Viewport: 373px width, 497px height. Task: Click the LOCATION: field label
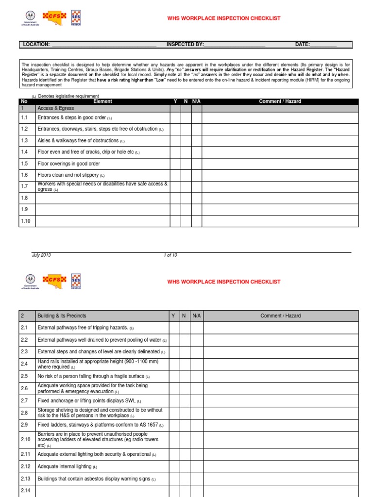[36, 45]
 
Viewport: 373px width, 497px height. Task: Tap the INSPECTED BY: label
[185, 45]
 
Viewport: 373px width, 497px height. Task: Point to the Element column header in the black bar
[102, 101]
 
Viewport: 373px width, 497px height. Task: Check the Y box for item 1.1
[175, 118]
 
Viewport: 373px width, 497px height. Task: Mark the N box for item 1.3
[186, 141]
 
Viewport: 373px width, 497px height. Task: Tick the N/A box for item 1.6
[197, 175]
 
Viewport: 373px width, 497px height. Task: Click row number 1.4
[25, 152]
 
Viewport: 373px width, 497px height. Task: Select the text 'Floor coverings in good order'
[68, 164]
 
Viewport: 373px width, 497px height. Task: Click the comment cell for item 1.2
[280, 129]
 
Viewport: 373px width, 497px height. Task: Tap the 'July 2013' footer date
[41, 255]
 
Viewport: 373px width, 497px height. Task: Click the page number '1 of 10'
[170, 255]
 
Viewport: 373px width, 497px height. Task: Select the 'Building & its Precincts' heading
[62, 316]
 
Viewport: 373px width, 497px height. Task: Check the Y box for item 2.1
[173, 328]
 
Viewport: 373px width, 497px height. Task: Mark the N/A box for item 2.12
[196, 467]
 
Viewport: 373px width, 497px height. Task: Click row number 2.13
[26, 479]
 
